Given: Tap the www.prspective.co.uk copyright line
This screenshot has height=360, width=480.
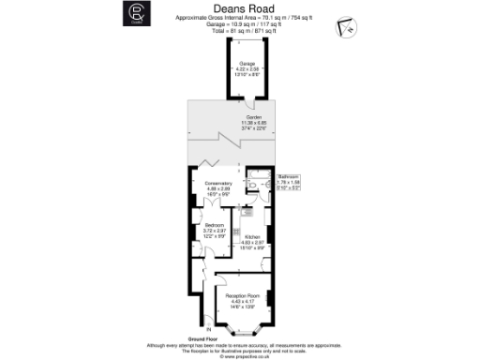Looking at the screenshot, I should point(240,355).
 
